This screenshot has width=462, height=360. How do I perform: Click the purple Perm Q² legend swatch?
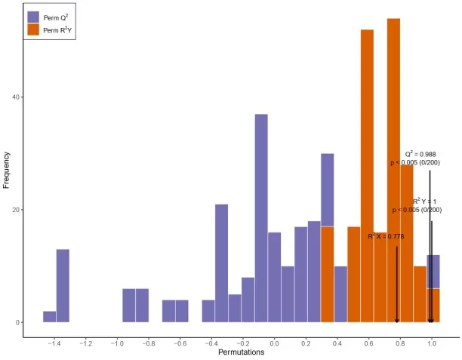click(x=33, y=17)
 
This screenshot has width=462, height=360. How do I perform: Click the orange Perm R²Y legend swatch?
click(x=33, y=29)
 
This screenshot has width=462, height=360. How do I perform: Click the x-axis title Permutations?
click(x=242, y=352)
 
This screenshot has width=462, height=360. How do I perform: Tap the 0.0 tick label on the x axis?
click(x=274, y=341)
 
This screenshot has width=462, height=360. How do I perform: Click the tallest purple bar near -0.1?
click(x=261, y=218)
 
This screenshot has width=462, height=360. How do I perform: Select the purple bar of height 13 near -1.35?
click(x=63, y=286)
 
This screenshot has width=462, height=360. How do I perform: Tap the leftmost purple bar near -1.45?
click(x=49, y=317)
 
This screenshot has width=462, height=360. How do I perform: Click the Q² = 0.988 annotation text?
click(x=420, y=154)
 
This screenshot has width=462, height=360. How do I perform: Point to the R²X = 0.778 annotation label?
click(x=386, y=236)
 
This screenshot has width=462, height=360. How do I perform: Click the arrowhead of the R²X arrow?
click(x=397, y=320)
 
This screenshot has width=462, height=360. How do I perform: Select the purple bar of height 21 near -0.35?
click(x=221, y=263)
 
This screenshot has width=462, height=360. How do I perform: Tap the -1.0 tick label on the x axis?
click(x=116, y=341)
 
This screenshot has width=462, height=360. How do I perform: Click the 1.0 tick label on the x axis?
click(x=431, y=341)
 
